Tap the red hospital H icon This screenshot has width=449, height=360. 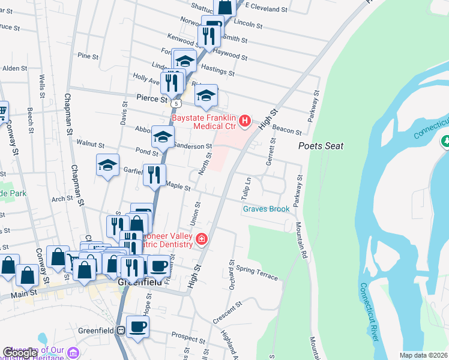(245, 122)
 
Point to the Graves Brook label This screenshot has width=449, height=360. (266, 209)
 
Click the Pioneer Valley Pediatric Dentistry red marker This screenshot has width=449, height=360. (201, 240)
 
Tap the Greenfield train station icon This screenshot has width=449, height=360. (121, 330)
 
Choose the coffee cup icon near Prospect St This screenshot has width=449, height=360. (137, 327)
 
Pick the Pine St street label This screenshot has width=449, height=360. (88, 56)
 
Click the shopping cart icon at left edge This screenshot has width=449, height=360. (2, 111)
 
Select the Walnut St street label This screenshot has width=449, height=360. (91, 145)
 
